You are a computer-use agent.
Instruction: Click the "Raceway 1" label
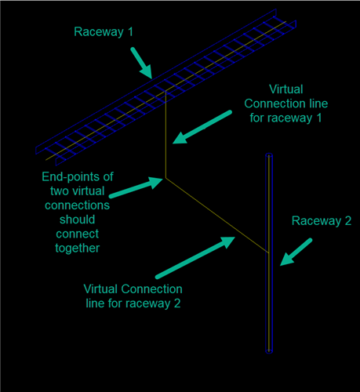[x=104, y=32]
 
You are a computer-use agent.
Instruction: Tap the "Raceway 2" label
[x=322, y=221]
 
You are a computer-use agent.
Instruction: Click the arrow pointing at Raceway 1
[x=141, y=63]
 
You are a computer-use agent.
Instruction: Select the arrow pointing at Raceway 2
[x=296, y=252]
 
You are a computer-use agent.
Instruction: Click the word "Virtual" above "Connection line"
[x=286, y=89]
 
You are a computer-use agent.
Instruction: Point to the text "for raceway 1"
[x=285, y=118]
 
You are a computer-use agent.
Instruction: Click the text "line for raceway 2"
[x=133, y=303]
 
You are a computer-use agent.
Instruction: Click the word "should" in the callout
[x=77, y=220]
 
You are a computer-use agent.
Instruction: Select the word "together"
[x=78, y=249]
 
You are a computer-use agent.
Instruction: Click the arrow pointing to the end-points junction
[x=136, y=187]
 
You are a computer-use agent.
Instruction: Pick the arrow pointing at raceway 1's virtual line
[x=202, y=127]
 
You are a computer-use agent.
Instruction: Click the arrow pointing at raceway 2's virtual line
[x=195, y=258]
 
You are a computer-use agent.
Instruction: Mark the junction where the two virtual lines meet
[x=165, y=178]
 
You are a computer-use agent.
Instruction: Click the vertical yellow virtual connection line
[x=165, y=134]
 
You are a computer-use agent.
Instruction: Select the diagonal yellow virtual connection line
[x=217, y=216]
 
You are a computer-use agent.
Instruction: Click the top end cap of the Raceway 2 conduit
[x=269, y=155]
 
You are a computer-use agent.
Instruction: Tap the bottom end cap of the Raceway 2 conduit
[x=269, y=351]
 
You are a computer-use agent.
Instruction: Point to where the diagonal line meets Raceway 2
[x=268, y=252]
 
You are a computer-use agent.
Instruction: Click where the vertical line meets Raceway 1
[x=165, y=91]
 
